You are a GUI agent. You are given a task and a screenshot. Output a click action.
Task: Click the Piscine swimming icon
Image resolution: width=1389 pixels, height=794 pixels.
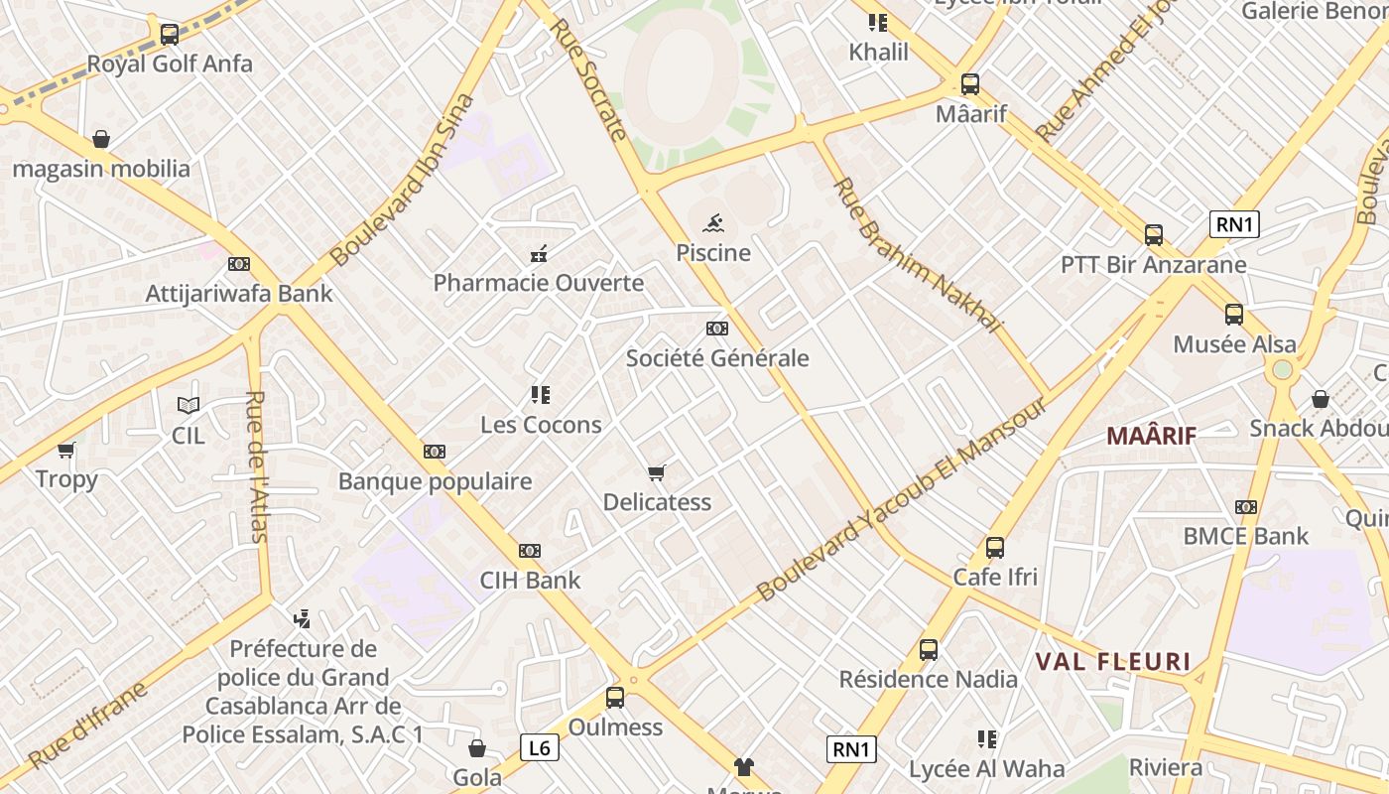(x=712, y=223)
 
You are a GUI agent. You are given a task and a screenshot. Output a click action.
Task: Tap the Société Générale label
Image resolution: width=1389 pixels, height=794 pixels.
(x=717, y=358)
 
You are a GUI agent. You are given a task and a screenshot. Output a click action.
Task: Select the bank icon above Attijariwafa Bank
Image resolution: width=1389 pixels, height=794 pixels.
(x=238, y=264)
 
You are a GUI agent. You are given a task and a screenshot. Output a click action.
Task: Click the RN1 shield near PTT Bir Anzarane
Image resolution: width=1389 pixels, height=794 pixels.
(x=1234, y=224)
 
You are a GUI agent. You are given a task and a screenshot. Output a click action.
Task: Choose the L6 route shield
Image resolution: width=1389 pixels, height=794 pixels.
(x=539, y=747)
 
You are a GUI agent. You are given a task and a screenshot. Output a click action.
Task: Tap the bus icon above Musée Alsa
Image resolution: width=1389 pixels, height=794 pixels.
(x=1234, y=315)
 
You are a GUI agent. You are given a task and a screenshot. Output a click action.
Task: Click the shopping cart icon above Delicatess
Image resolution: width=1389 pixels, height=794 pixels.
(x=656, y=472)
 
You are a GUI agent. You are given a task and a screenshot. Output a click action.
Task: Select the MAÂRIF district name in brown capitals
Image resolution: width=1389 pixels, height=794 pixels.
(x=1151, y=436)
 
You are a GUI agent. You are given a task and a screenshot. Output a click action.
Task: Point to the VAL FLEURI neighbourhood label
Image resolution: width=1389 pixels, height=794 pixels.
(x=1112, y=662)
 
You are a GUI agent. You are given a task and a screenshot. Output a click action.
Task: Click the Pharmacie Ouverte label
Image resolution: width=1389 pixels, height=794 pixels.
(x=539, y=283)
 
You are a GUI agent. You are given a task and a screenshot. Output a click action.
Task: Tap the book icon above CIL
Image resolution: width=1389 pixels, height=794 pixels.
(x=189, y=405)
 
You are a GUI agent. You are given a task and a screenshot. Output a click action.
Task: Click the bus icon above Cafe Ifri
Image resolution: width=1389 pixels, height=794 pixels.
(x=995, y=547)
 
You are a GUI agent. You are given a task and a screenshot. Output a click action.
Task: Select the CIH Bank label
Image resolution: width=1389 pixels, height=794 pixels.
(x=530, y=580)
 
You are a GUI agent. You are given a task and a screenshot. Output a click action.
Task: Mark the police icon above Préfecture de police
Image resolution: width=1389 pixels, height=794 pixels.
(x=303, y=619)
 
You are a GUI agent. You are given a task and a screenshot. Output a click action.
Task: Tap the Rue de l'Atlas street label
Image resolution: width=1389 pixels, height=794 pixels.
(x=257, y=466)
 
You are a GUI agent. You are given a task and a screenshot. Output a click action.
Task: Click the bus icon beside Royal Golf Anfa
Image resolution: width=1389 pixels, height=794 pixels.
(x=170, y=35)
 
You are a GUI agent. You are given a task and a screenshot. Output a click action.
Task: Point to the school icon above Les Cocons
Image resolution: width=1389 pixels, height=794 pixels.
(x=540, y=395)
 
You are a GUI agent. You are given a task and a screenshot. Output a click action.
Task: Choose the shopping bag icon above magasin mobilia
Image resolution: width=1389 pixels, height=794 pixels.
(x=100, y=139)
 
